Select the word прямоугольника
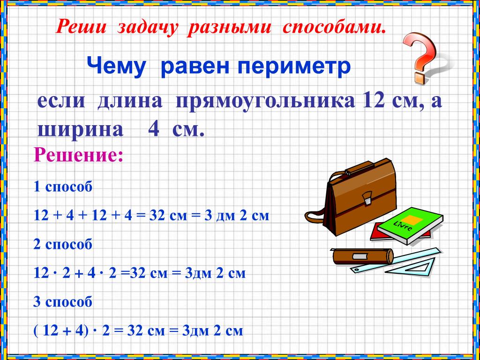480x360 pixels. pyautogui.click(x=264, y=101)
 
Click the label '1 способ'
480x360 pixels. pyautogui.click(x=63, y=187)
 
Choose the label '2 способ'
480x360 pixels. pyautogui.click(x=63, y=245)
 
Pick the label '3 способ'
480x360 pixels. pyautogui.click(x=63, y=302)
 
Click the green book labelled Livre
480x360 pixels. pyautogui.click(x=410, y=225)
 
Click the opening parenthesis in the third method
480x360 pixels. pyautogui.click(x=36, y=331)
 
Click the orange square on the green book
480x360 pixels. pyautogui.click(x=411, y=219)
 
